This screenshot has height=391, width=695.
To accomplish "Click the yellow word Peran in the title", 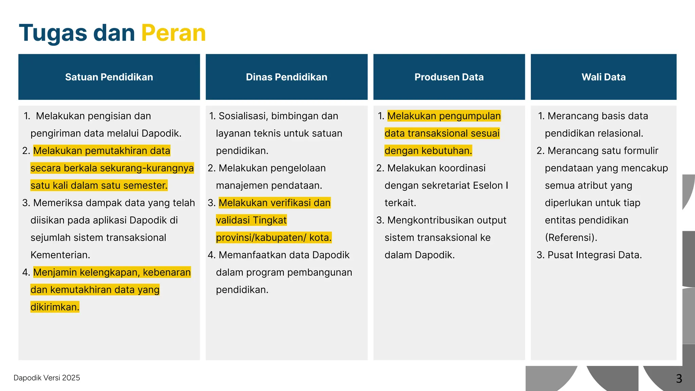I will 173,33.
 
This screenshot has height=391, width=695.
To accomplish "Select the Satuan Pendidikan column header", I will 109,77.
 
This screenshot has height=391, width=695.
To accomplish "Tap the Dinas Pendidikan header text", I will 286,77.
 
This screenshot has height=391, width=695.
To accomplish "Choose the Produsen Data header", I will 449,77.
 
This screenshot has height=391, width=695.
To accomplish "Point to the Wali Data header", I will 603,77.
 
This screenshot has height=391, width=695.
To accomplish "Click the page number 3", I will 679,378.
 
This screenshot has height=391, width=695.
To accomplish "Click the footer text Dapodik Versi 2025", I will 47,378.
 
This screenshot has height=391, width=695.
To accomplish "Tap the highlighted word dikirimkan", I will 55,307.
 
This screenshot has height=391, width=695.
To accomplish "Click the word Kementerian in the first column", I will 60,255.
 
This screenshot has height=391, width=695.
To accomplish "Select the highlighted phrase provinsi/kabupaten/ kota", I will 274,238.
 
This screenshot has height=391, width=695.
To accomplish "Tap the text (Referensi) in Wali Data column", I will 571,238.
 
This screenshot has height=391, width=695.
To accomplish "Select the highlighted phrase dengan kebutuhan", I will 428,151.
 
